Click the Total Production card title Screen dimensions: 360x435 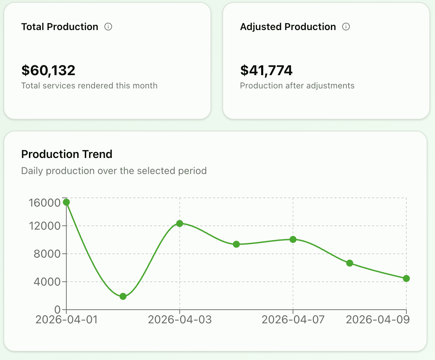(60, 27)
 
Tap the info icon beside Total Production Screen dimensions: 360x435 (108, 27)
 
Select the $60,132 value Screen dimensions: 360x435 (48, 70)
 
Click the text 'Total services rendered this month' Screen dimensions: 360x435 (89, 86)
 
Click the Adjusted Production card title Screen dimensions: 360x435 (288, 27)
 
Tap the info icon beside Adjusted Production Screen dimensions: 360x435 (346, 27)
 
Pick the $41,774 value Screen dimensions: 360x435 (266, 70)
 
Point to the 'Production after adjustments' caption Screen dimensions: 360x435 (297, 86)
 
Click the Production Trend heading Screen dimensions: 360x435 (67, 154)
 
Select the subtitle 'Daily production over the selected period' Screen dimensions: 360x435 (114, 171)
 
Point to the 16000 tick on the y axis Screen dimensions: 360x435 (45, 203)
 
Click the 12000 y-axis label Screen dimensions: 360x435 (45, 226)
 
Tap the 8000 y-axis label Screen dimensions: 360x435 (47, 254)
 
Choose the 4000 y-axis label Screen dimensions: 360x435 (47, 282)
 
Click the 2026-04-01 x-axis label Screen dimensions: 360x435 (66, 319)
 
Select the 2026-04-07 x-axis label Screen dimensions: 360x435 (293, 319)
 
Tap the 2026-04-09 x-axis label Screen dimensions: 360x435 (377, 319)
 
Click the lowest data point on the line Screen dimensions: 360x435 (123, 296)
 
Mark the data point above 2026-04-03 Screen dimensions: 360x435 (179, 223)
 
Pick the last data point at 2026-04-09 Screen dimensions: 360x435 (406, 279)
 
